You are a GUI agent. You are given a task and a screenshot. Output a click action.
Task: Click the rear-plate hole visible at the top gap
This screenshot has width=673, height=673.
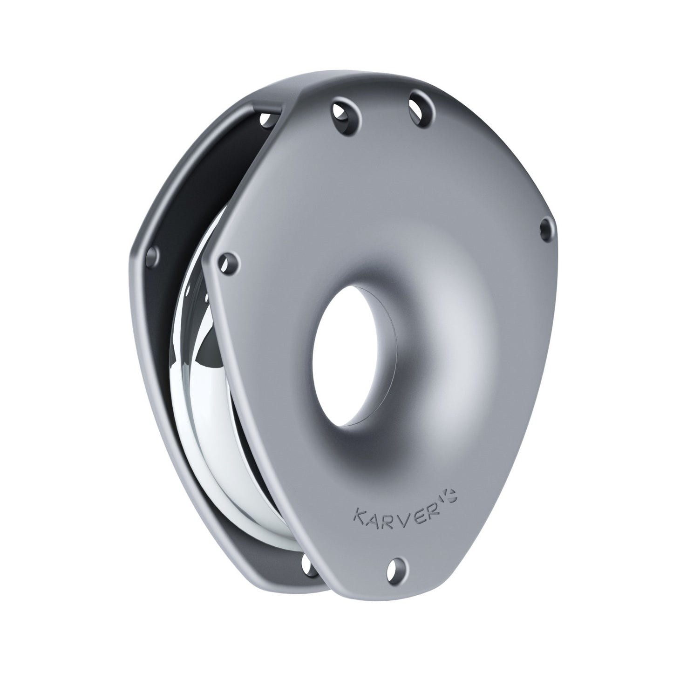[267, 119]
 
